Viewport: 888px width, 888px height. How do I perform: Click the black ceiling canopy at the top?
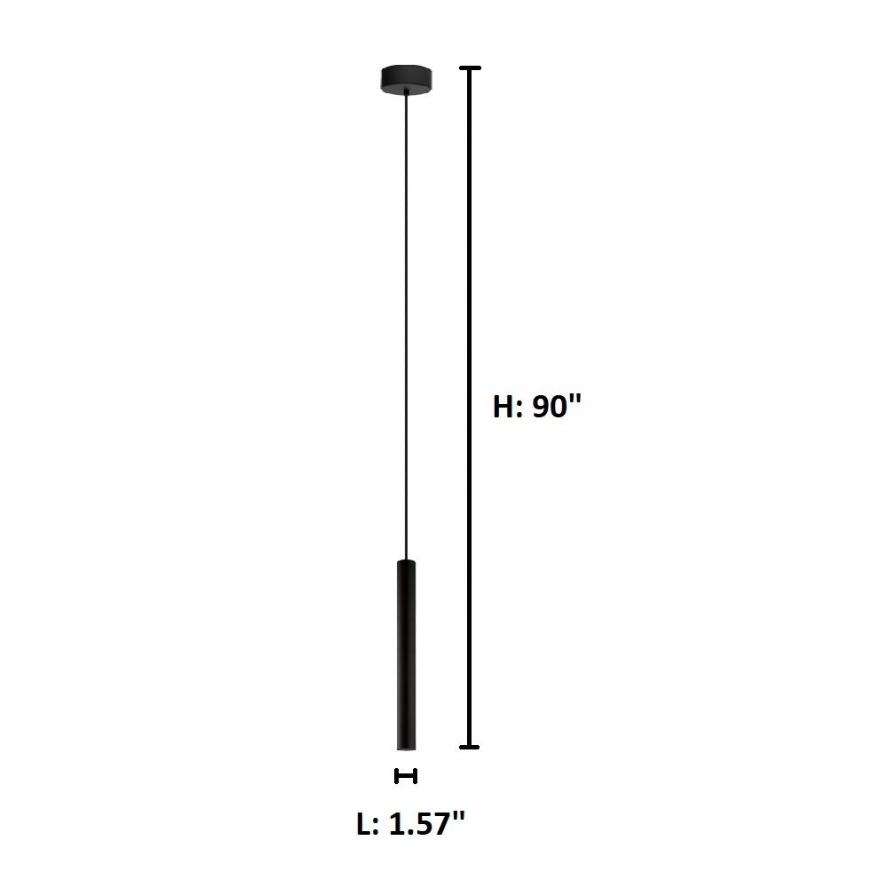[406, 79]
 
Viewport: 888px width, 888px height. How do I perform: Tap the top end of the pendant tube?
[406, 563]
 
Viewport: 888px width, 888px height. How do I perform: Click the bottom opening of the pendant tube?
[406, 747]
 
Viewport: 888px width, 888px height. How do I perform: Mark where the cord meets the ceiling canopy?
[406, 92]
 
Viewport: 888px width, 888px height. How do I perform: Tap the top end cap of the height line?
[470, 68]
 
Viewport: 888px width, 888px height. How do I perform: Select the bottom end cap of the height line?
[470, 747]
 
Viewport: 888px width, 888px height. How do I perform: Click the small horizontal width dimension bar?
[406, 776]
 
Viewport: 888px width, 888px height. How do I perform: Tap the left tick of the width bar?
[397, 776]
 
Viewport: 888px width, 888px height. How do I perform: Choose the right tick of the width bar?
[416, 776]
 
